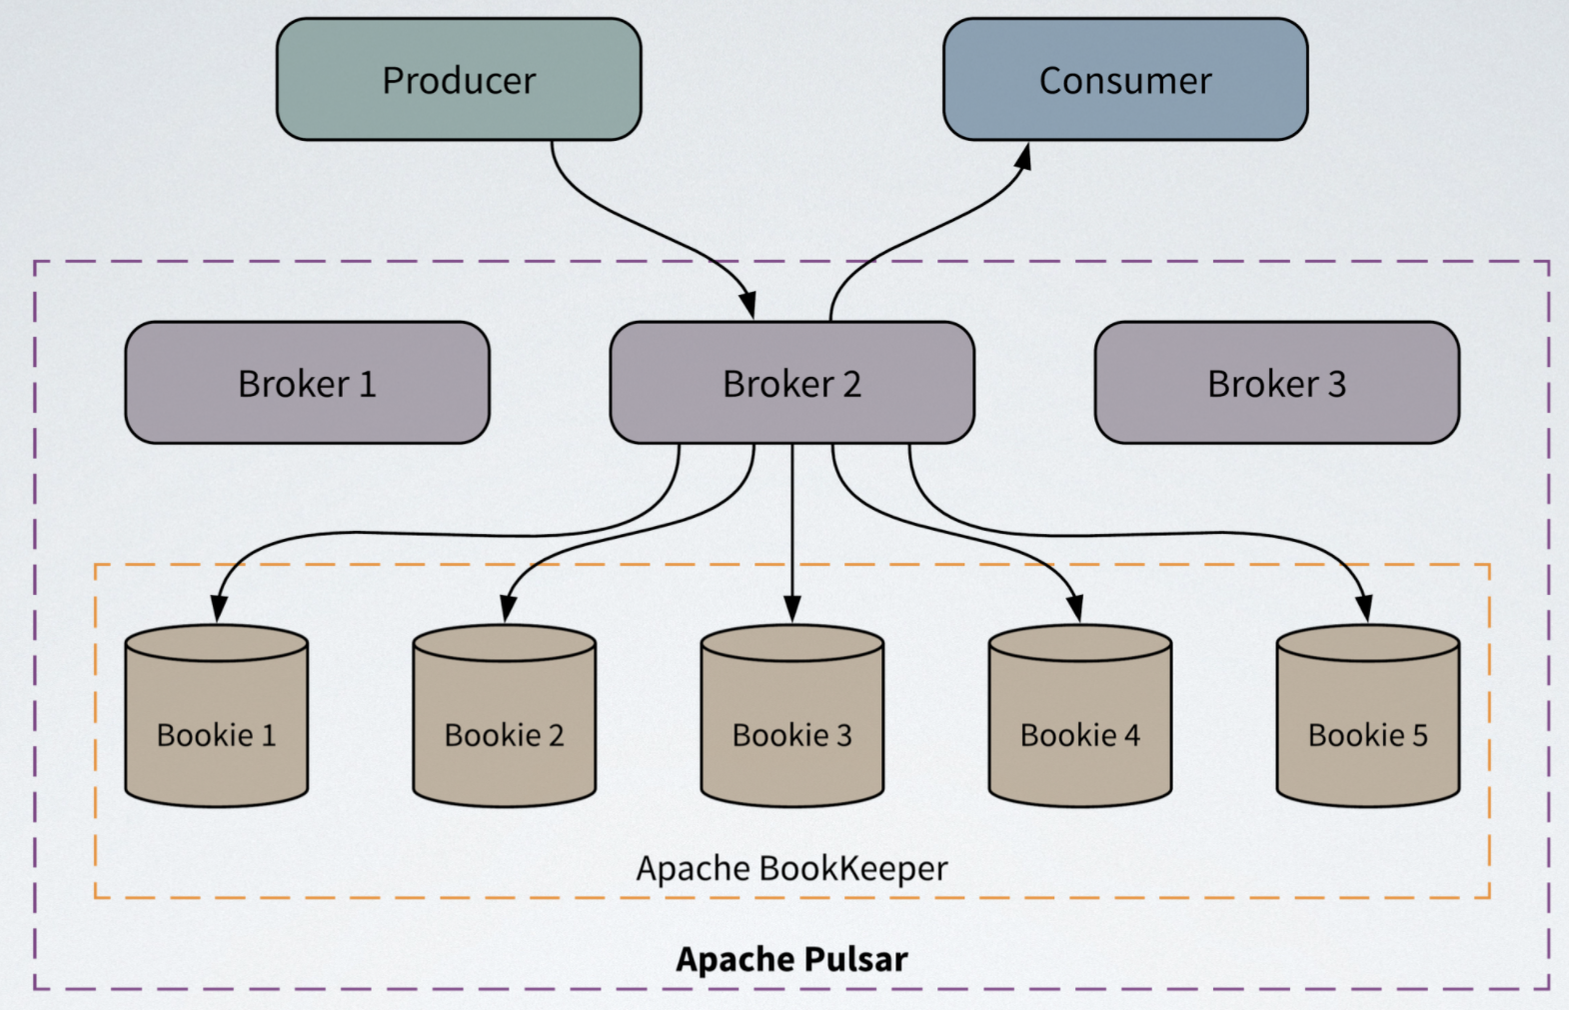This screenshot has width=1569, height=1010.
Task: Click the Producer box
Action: pos(459,80)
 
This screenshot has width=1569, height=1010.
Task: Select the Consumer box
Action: pos(1125,80)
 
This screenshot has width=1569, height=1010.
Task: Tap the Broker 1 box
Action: pos(307,383)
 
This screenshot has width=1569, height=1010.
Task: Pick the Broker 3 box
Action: pos(1276,383)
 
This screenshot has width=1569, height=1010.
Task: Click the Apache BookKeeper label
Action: pos(791,868)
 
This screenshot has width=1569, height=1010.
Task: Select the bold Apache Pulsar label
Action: pos(791,959)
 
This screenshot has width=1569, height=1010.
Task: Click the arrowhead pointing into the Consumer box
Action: pos(1023,157)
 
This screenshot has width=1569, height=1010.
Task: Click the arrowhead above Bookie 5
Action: pos(1364,608)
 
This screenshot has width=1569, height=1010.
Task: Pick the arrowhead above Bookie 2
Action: pos(507,608)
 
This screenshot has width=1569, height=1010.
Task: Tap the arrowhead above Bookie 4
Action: pos(1075,608)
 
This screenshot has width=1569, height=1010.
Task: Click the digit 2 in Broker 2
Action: pos(851,384)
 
